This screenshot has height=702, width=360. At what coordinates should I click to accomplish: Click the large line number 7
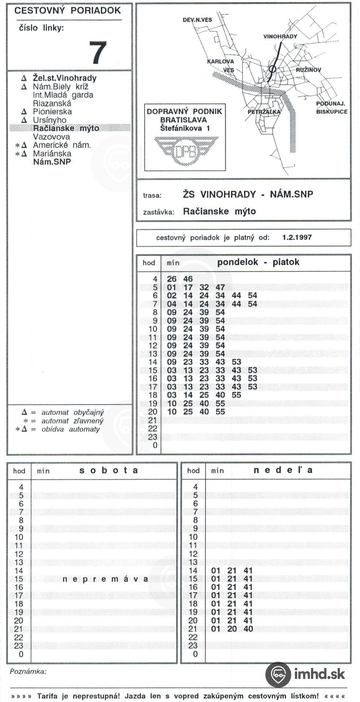tap(98, 52)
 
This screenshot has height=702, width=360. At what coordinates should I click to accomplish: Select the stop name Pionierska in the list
tap(52, 112)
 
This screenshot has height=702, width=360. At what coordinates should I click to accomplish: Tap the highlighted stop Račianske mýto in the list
tap(66, 128)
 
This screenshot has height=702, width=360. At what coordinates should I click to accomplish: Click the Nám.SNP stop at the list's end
tap(52, 162)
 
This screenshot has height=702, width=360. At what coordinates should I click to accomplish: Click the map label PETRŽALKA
tap(264, 112)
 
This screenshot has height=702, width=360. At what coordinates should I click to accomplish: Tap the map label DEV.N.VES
tap(197, 20)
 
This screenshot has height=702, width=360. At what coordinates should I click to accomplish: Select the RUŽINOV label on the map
tap(308, 70)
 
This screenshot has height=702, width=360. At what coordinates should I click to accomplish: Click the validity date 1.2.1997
tap(297, 237)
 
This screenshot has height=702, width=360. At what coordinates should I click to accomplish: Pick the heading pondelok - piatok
tap(258, 262)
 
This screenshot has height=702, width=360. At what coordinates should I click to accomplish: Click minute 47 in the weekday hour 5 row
tap(220, 287)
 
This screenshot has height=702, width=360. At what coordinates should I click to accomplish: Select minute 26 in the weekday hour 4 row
tap(172, 279)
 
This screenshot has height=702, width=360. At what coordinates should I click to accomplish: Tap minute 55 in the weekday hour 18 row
tap(236, 395)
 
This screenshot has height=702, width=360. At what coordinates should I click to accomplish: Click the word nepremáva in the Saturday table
tap(105, 579)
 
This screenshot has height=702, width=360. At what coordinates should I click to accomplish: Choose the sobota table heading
tap(109, 470)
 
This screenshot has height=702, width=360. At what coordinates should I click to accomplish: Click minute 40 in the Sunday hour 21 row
tap(248, 629)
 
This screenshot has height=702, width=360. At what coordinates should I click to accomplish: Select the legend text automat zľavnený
tap(72, 421)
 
